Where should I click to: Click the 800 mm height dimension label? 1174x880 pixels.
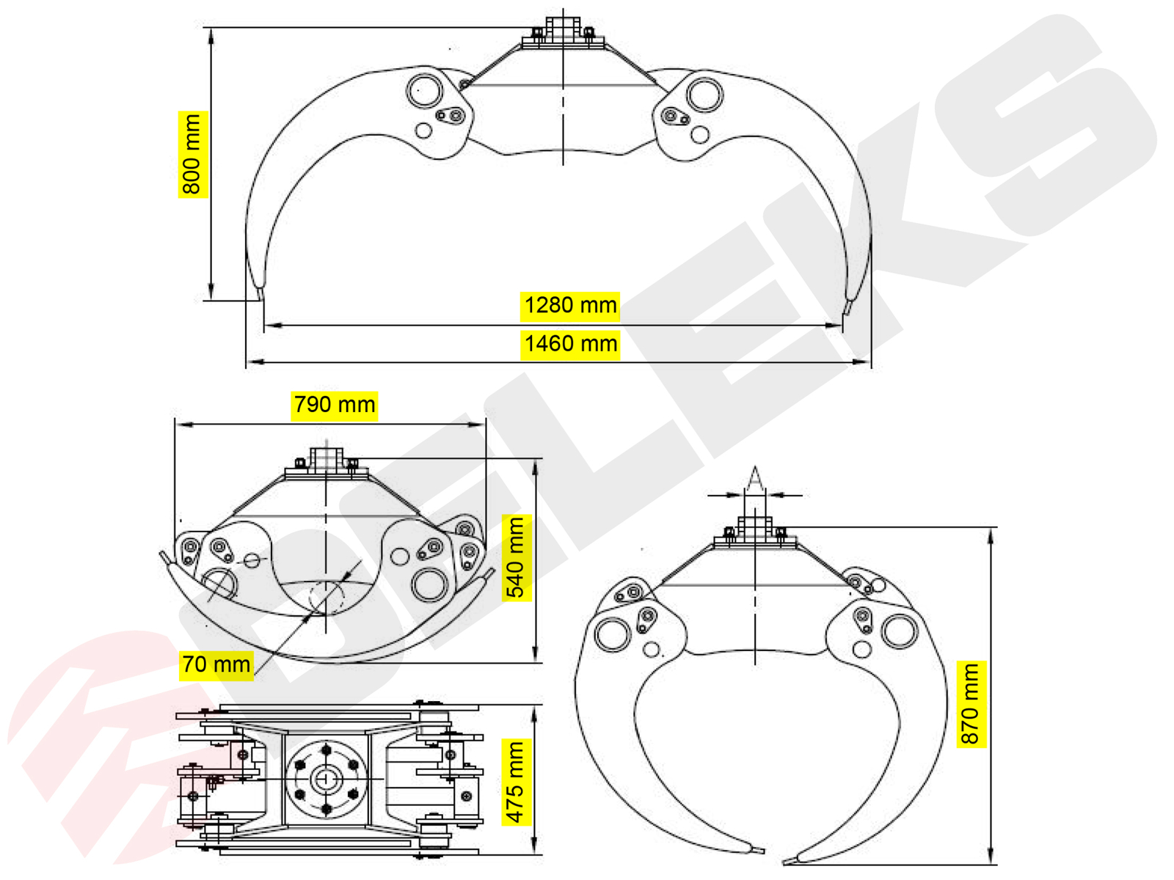192,155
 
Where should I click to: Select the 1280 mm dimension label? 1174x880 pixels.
570,305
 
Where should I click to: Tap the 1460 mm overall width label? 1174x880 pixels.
570,344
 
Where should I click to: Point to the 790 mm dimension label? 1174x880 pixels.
334,405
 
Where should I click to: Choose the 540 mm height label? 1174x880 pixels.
517,558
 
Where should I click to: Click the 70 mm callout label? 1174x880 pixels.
216,664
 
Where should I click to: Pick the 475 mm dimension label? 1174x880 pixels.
516,782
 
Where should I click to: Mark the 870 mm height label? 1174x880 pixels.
971,704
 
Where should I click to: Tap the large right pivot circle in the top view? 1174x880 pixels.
705,95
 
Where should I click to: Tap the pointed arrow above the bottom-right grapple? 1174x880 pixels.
755,480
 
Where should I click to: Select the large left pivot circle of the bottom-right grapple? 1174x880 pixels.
613,634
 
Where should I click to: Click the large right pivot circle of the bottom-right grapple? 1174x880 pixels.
899,631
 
